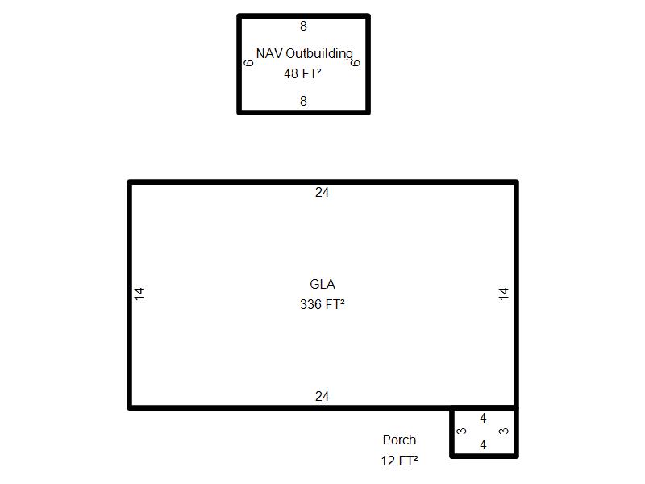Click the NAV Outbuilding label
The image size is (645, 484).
(x=305, y=54)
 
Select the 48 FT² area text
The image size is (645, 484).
(x=302, y=73)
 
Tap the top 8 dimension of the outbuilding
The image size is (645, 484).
(x=304, y=26)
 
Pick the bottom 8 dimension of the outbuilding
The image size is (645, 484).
(x=304, y=101)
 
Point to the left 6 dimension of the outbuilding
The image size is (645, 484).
(x=248, y=63)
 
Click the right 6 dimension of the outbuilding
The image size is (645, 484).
(x=356, y=63)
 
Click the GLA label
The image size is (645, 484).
(x=322, y=284)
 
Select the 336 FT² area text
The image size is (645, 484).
(x=322, y=304)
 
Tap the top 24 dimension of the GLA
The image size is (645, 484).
(x=322, y=192)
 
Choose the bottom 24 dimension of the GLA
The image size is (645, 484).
(x=322, y=396)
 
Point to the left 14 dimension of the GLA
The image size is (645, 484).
(x=139, y=294)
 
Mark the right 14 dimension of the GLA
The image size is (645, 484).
(x=504, y=294)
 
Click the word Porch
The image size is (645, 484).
(x=399, y=440)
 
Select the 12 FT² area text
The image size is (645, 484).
(x=399, y=461)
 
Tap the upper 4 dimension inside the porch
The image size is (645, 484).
(x=483, y=418)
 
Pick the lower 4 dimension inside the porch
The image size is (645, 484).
(x=483, y=444)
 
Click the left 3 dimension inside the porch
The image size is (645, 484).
(x=462, y=431)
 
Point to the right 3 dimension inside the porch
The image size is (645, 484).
(x=503, y=431)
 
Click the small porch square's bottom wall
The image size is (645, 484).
(x=484, y=456)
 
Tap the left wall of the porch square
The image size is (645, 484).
(x=451, y=432)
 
